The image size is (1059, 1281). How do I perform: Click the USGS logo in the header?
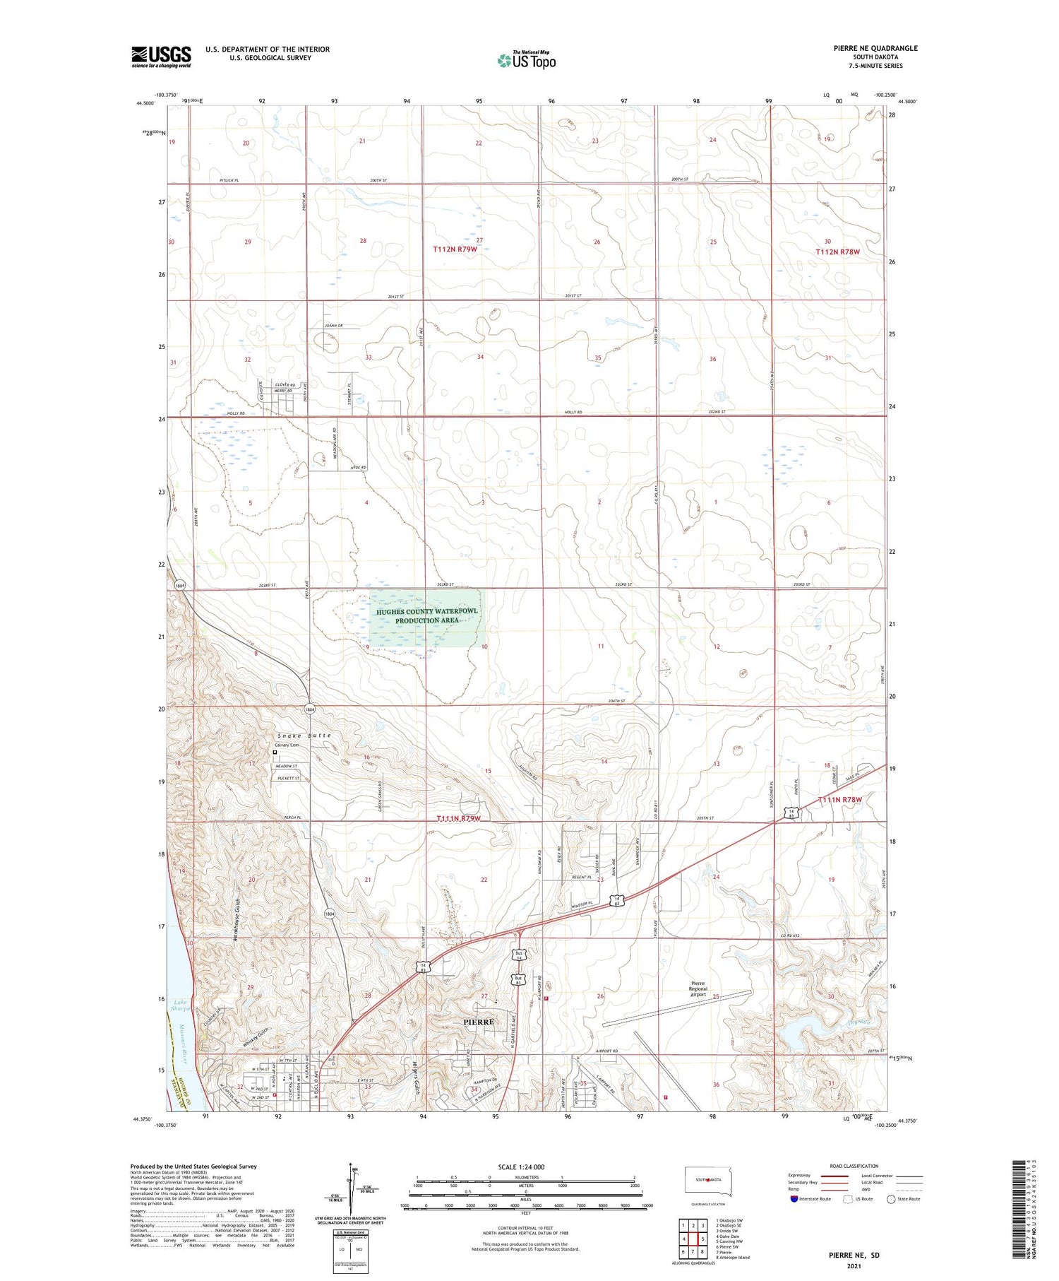[161, 57]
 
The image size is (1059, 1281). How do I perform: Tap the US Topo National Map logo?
[526, 60]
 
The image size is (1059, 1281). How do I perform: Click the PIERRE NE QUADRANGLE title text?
[875, 48]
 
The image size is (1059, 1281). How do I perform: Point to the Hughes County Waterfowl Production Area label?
[426, 615]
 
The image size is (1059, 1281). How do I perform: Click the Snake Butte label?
[304, 736]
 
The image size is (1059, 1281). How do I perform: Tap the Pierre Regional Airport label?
[698, 988]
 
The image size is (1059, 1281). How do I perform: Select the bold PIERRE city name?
[478, 1022]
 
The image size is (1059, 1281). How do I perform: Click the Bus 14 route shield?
[519, 957]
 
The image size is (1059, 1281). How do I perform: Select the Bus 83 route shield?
[519, 979]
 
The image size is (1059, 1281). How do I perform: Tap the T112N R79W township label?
[455, 249]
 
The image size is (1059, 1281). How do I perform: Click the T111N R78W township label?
[839, 800]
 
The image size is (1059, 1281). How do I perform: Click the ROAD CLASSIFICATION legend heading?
[854, 1166]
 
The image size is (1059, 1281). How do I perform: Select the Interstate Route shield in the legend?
[794, 1199]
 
